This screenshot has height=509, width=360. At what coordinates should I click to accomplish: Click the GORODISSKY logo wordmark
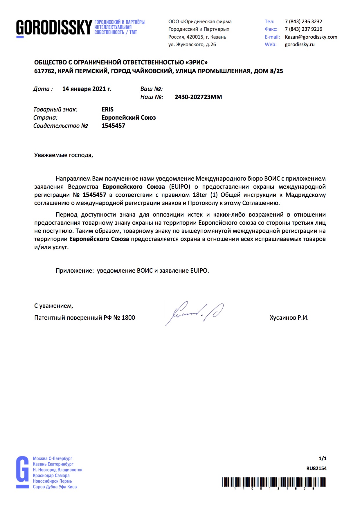[x=54, y=28]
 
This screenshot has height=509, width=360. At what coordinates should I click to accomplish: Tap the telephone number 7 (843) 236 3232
[x=303, y=21]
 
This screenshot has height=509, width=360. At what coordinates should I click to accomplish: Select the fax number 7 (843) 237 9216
[x=303, y=29]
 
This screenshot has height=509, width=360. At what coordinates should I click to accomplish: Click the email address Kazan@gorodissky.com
[x=311, y=37]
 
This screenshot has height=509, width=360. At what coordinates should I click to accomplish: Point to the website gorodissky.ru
[x=300, y=44]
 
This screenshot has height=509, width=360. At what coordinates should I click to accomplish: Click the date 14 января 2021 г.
[x=87, y=89]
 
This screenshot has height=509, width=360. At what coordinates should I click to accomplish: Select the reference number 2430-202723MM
[x=198, y=97]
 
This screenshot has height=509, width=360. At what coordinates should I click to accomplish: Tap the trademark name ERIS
[x=107, y=109]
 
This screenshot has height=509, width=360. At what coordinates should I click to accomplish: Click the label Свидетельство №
[x=60, y=126]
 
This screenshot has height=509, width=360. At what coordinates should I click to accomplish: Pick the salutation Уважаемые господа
[x=63, y=155]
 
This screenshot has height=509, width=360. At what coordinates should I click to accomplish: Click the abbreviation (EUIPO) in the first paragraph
[x=180, y=187]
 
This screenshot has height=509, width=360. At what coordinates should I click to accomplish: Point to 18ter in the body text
[x=200, y=195]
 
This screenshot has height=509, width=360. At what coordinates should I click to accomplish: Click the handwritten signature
[x=194, y=313]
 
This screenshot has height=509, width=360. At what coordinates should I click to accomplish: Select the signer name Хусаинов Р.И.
[x=289, y=318]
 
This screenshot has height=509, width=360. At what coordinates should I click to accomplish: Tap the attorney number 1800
[x=128, y=318]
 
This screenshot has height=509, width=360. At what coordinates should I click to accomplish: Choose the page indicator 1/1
[x=323, y=458]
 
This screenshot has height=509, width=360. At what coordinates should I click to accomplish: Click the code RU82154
[x=316, y=468]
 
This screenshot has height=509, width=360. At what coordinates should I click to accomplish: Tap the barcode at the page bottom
[x=274, y=482]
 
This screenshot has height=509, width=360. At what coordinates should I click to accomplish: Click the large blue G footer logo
[x=22, y=472]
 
